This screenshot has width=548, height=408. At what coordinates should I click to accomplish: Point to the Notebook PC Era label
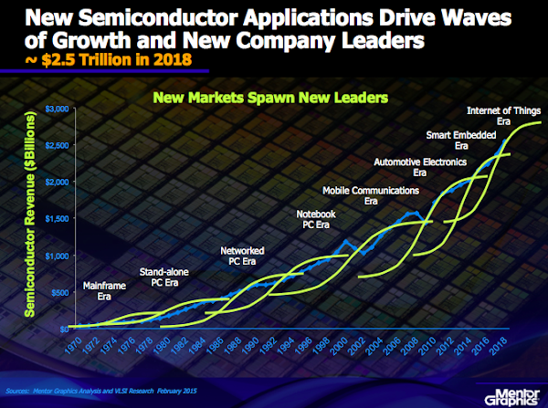(x=316, y=219)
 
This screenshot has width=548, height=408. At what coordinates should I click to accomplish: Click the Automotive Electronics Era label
(x=419, y=166)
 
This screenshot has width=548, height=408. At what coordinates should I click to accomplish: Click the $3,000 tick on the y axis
(x=56, y=110)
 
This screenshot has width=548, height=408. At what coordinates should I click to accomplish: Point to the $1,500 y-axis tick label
(x=56, y=219)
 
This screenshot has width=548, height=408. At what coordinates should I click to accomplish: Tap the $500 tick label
(x=59, y=292)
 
